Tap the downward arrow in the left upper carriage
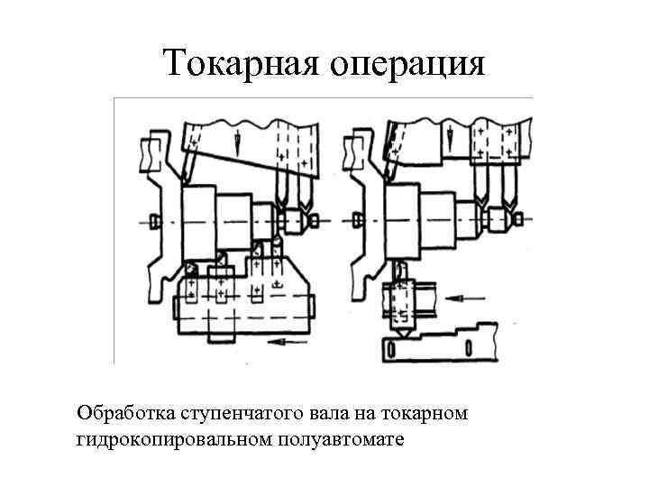237,140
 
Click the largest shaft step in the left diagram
200,222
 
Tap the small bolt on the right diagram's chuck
359,221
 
